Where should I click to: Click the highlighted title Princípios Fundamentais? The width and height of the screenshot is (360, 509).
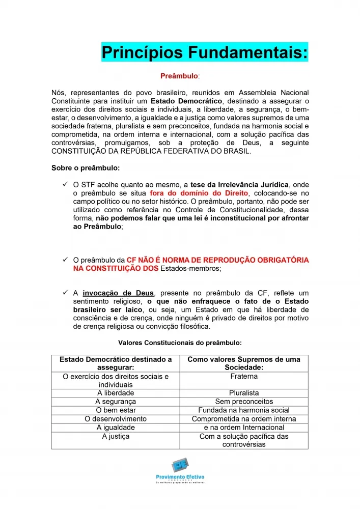point(204,52)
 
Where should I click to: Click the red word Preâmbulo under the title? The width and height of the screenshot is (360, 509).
point(179,76)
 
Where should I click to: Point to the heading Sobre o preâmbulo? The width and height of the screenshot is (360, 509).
point(86,167)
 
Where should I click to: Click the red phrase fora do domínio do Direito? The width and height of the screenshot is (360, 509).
point(199,193)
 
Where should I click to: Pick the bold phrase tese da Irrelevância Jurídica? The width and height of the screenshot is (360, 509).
point(239,184)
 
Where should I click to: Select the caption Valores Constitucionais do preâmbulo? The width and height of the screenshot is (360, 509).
point(180,343)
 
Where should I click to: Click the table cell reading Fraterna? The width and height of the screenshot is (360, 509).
point(244,377)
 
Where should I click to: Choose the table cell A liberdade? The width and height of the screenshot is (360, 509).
point(116,393)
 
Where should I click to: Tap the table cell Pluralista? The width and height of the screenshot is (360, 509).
point(244,393)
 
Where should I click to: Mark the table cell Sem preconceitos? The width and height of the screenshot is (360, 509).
point(244,402)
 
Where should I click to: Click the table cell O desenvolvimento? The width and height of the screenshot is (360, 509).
point(116,419)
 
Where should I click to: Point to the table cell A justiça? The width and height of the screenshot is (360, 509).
point(116,436)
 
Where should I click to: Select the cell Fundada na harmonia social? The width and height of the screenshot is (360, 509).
point(244,410)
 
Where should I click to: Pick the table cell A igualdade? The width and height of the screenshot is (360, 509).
point(116,428)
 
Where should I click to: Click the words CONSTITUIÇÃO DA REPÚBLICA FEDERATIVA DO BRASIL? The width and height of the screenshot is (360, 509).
point(151,151)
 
